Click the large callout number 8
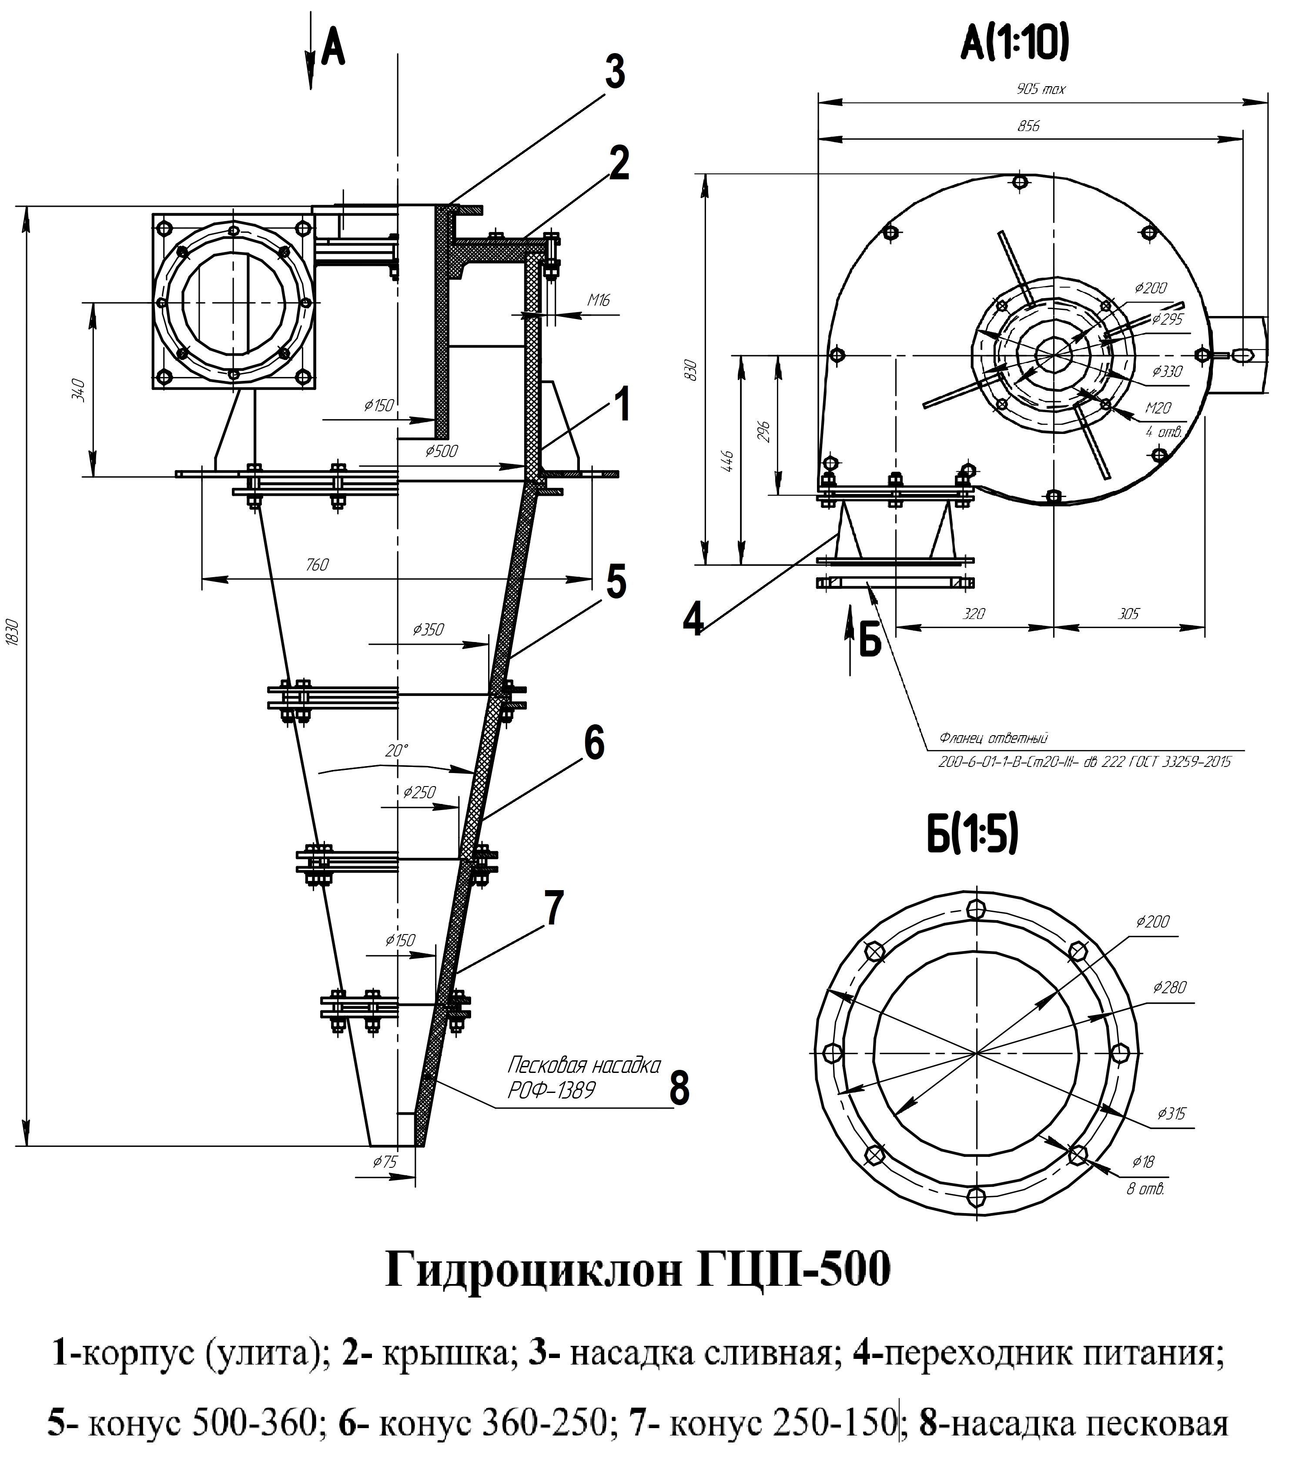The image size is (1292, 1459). (679, 1089)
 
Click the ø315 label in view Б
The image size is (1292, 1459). (1172, 1113)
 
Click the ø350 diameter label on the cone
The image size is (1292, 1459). (428, 629)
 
